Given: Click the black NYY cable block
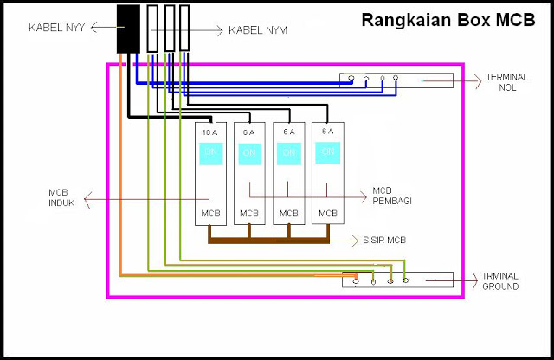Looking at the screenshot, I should click(128, 29).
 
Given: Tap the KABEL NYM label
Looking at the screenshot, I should click(258, 30).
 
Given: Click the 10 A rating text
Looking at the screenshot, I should click(209, 132).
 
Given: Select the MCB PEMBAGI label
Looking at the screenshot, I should click(391, 196).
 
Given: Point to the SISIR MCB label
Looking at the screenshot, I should click(385, 239).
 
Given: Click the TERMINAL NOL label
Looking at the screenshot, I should click(507, 82).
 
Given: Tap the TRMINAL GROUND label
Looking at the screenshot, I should click(502, 281).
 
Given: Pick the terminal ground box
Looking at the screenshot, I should click(397, 279).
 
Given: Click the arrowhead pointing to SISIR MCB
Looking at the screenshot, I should click(352, 239).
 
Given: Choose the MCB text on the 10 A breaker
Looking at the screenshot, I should click(209, 212).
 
